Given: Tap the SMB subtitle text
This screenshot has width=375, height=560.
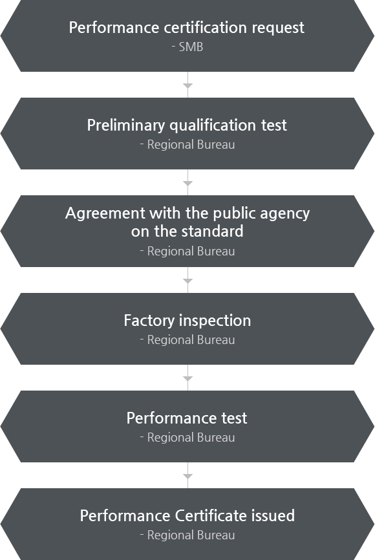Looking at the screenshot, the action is point(191,47).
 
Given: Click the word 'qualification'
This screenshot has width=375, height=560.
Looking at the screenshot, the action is point(213,125).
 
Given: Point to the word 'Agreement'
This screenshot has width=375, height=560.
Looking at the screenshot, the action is point(105,213).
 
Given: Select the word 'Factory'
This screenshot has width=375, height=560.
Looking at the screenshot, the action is point(145,321).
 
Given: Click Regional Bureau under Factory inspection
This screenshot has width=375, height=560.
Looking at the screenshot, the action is point(191,340).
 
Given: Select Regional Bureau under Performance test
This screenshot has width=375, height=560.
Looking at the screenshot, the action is point(191,438).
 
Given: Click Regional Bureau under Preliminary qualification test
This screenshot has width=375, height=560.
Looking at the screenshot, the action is point(191,145).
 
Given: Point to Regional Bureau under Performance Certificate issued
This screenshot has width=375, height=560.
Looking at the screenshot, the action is point(191,535).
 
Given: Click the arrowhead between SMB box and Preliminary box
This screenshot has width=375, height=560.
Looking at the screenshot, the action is point(187,85).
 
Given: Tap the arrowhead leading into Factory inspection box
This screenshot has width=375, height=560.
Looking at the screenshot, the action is point(187,281).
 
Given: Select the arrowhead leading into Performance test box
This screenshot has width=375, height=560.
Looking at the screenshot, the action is point(187,378).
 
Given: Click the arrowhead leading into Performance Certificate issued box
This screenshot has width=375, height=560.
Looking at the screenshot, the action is point(187,476).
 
